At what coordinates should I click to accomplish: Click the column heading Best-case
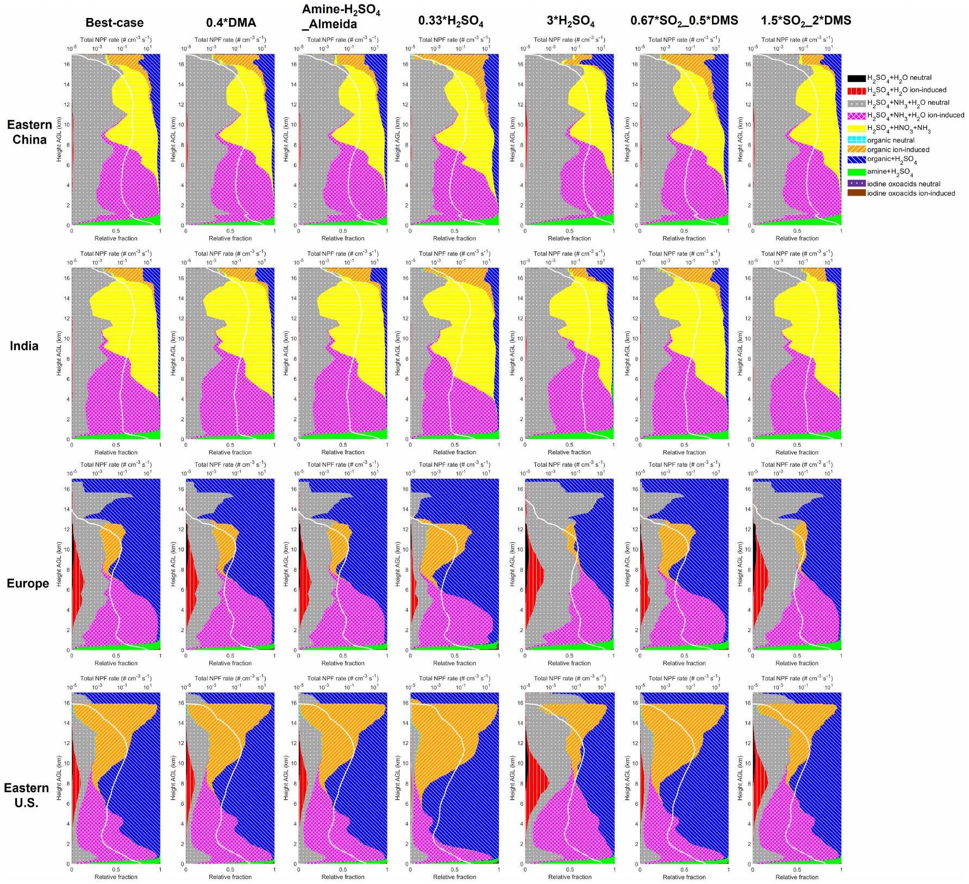click(x=115, y=23)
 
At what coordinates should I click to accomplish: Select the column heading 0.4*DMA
click(x=231, y=23)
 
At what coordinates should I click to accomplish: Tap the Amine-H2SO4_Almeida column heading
click(x=341, y=17)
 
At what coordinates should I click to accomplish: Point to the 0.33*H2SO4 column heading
click(x=451, y=22)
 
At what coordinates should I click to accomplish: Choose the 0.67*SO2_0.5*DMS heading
click(x=684, y=21)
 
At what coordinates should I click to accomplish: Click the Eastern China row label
click(x=29, y=132)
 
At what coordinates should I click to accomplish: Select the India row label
click(x=24, y=346)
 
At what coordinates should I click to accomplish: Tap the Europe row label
click(x=28, y=584)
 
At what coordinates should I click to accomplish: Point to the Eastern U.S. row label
click(x=26, y=795)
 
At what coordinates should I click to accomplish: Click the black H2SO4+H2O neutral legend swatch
click(x=857, y=78)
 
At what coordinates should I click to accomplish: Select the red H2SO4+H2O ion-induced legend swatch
click(x=857, y=90)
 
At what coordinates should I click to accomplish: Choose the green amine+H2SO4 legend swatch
click(x=857, y=172)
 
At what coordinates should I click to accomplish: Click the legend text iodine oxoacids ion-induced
click(x=911, y=193)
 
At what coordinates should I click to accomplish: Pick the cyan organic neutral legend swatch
click(x=857, y=140)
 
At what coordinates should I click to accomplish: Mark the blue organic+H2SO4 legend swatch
click(x=857, y=160)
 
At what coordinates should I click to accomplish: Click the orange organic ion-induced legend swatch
click(x=857, y=149)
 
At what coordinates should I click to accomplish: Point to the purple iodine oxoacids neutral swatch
click(x=857, y=184)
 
